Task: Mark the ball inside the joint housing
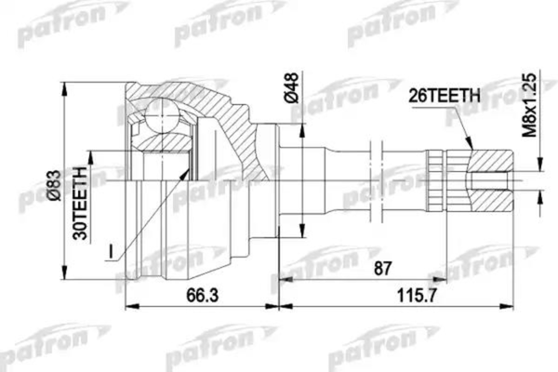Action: [x=163, y=120]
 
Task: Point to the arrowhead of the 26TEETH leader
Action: [x=472, y=148]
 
